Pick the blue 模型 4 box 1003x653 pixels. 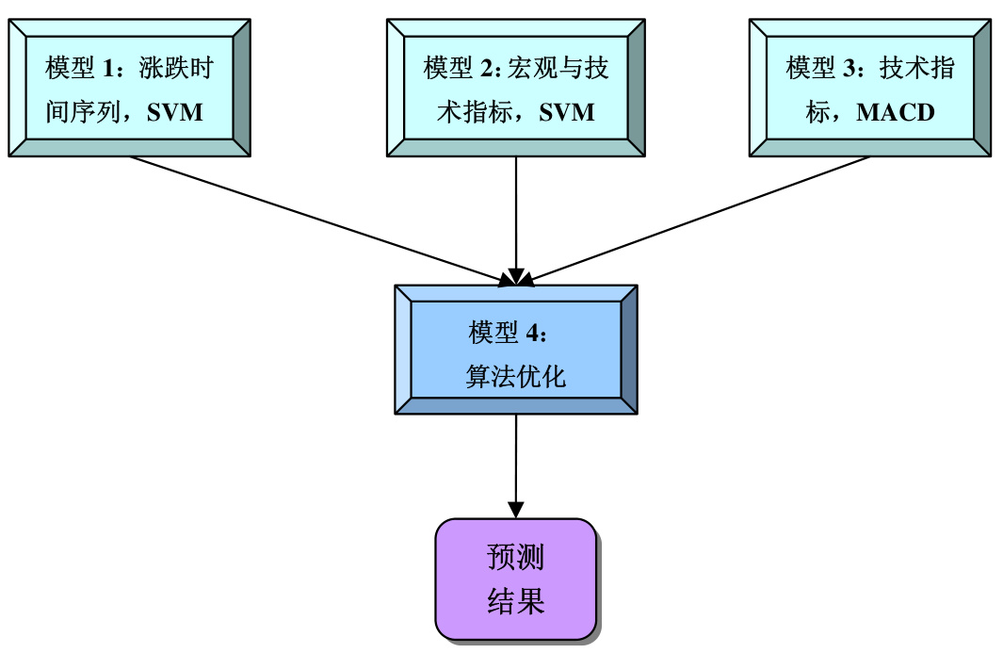(x=516, y=350)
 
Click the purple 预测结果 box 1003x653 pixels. (x=515, y=579)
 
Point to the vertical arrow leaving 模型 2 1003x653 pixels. (x=516, y=217)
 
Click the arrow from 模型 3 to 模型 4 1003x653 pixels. (x=697, y=219)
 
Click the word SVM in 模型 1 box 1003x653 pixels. (x=175, y=113)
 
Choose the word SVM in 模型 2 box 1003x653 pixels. (x=567, y=113)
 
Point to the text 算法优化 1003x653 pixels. (x=515, y=377)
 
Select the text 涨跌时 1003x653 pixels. (x=176, y=69)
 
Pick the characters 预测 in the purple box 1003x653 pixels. (x=515, y=558)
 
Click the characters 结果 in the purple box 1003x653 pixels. (x=515, y=601)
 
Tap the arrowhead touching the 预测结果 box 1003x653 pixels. (x=516, y=509)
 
